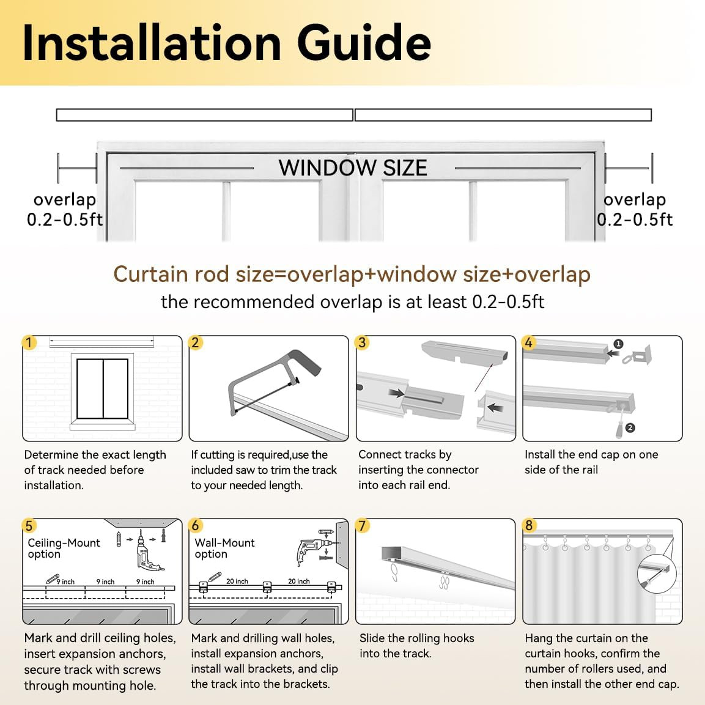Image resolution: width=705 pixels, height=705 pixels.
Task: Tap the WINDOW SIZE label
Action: pos(352,168)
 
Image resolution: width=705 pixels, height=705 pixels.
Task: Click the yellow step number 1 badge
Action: pos(29,342)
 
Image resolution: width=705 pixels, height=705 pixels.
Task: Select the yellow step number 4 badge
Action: pos(529,342)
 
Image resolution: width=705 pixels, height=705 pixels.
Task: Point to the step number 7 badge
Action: pos(363,525)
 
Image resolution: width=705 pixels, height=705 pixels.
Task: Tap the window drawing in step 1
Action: pos(103,389)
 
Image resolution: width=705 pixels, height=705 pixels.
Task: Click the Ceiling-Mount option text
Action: pos(64,548)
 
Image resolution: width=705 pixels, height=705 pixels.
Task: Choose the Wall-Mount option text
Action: pos(224,548)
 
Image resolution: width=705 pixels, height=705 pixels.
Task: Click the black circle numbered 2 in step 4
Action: pos(630,427)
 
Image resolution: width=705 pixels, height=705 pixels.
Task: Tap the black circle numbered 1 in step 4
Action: pos(619,344)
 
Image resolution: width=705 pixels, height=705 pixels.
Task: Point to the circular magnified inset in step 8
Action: pos(657,574)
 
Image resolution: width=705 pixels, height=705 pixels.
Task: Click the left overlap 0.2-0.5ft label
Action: pos(65,209)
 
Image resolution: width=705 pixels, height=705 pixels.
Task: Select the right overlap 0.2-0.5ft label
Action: pos(635,209)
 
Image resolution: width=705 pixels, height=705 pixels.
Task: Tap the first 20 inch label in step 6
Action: pos(237,581)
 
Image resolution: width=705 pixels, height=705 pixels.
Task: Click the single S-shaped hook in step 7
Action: pos(394,572)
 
